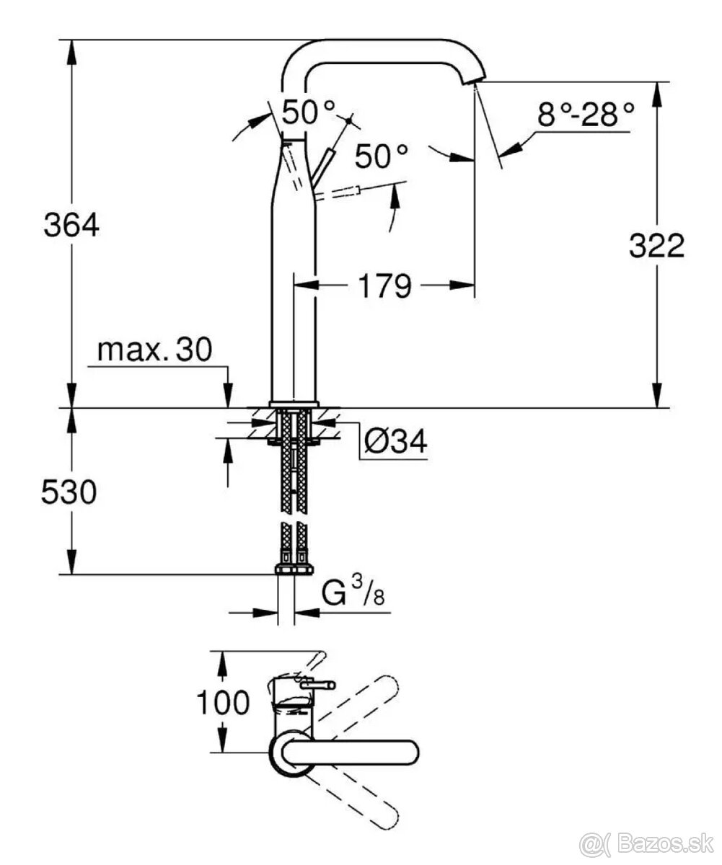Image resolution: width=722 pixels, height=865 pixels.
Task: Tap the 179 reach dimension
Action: point(382,285)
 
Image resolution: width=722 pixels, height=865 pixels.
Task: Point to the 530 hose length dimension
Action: point(69,493)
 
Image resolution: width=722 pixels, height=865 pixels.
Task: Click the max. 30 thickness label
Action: point(154,350)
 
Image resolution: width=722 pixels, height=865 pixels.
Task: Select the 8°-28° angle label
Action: point(585,115)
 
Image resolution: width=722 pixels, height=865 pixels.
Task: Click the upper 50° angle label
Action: point(309,112)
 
